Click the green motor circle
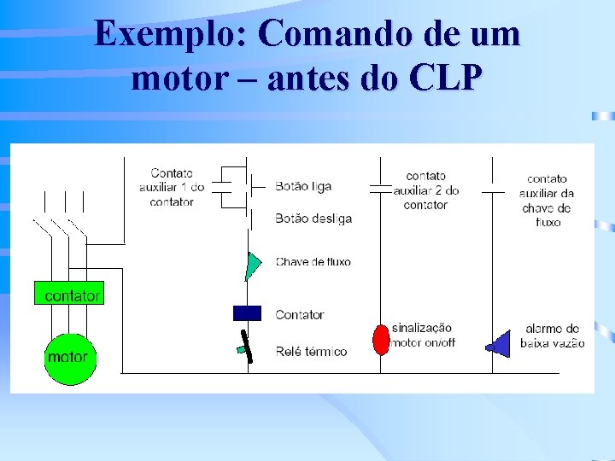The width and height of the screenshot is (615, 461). [x=69, y=357]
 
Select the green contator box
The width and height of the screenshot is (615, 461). [x=69, y=295]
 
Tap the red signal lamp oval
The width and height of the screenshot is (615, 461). [x=380, y=339]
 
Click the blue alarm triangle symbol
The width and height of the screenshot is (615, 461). [x=498, y=342]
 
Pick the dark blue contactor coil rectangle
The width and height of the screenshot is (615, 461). [x=247, y=313]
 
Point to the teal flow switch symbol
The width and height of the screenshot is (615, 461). [x=252, y=266]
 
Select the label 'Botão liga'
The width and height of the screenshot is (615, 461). [x=303, y=186]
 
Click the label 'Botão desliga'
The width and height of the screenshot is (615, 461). [x=313, y=219]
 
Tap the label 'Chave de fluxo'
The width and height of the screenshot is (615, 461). [x=313, y=262]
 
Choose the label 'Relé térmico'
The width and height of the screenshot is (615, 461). [x=311, y=351]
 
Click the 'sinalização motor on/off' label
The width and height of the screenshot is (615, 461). [x=423, y=335]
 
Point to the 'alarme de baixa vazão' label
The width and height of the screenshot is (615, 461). [x=552, y=336]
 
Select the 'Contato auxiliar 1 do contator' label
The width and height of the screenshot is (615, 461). [x=172, y=187]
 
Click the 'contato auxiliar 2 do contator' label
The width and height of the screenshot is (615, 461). [x=425, y=190]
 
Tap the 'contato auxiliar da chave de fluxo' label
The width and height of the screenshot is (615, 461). [x=547, y=200]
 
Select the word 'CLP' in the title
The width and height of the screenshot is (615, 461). [x=446, y=79]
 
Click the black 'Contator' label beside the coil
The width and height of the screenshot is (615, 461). [x=300, y=315]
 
